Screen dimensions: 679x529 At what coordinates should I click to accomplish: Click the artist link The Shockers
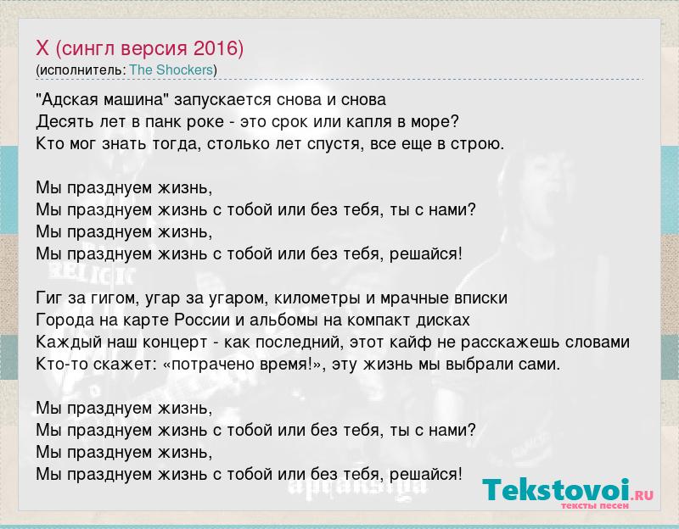[171, 70]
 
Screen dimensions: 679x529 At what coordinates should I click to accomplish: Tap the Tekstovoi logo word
[556, 491]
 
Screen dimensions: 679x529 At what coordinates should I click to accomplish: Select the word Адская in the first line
[69, 100]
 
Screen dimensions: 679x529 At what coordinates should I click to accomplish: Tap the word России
[202, 320]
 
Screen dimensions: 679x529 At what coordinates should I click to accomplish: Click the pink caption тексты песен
[595, 505]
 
